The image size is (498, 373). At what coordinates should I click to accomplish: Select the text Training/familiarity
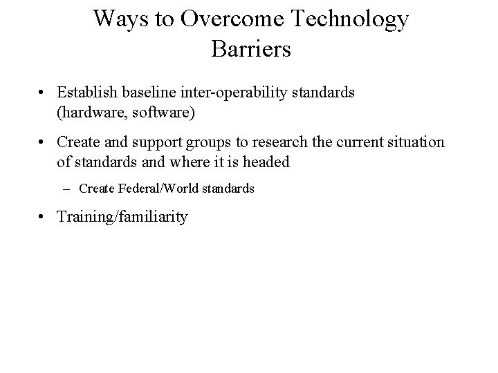click(122, 217)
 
